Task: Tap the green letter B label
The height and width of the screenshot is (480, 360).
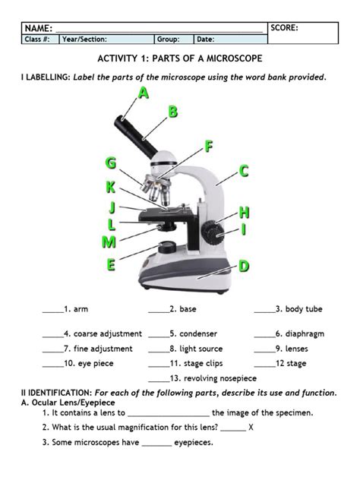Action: (x=174, y=112)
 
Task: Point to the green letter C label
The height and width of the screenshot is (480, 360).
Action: (x=244, y=172)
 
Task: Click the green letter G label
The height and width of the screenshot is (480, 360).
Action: (x=112, y=163)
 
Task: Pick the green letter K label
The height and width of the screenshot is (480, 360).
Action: (x=112, y=188)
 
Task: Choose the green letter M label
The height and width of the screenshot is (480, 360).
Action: (x=109, y=243)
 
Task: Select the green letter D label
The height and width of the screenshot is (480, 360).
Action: (x=244, y=266)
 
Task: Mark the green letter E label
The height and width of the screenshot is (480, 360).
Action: (x=111, y=265)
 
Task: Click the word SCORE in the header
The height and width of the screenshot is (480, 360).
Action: (x=285, y=28)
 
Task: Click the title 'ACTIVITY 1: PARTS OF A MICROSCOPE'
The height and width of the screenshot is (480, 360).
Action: (x=180, y=59)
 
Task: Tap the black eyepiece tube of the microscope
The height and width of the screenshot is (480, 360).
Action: (x=133, y=129)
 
